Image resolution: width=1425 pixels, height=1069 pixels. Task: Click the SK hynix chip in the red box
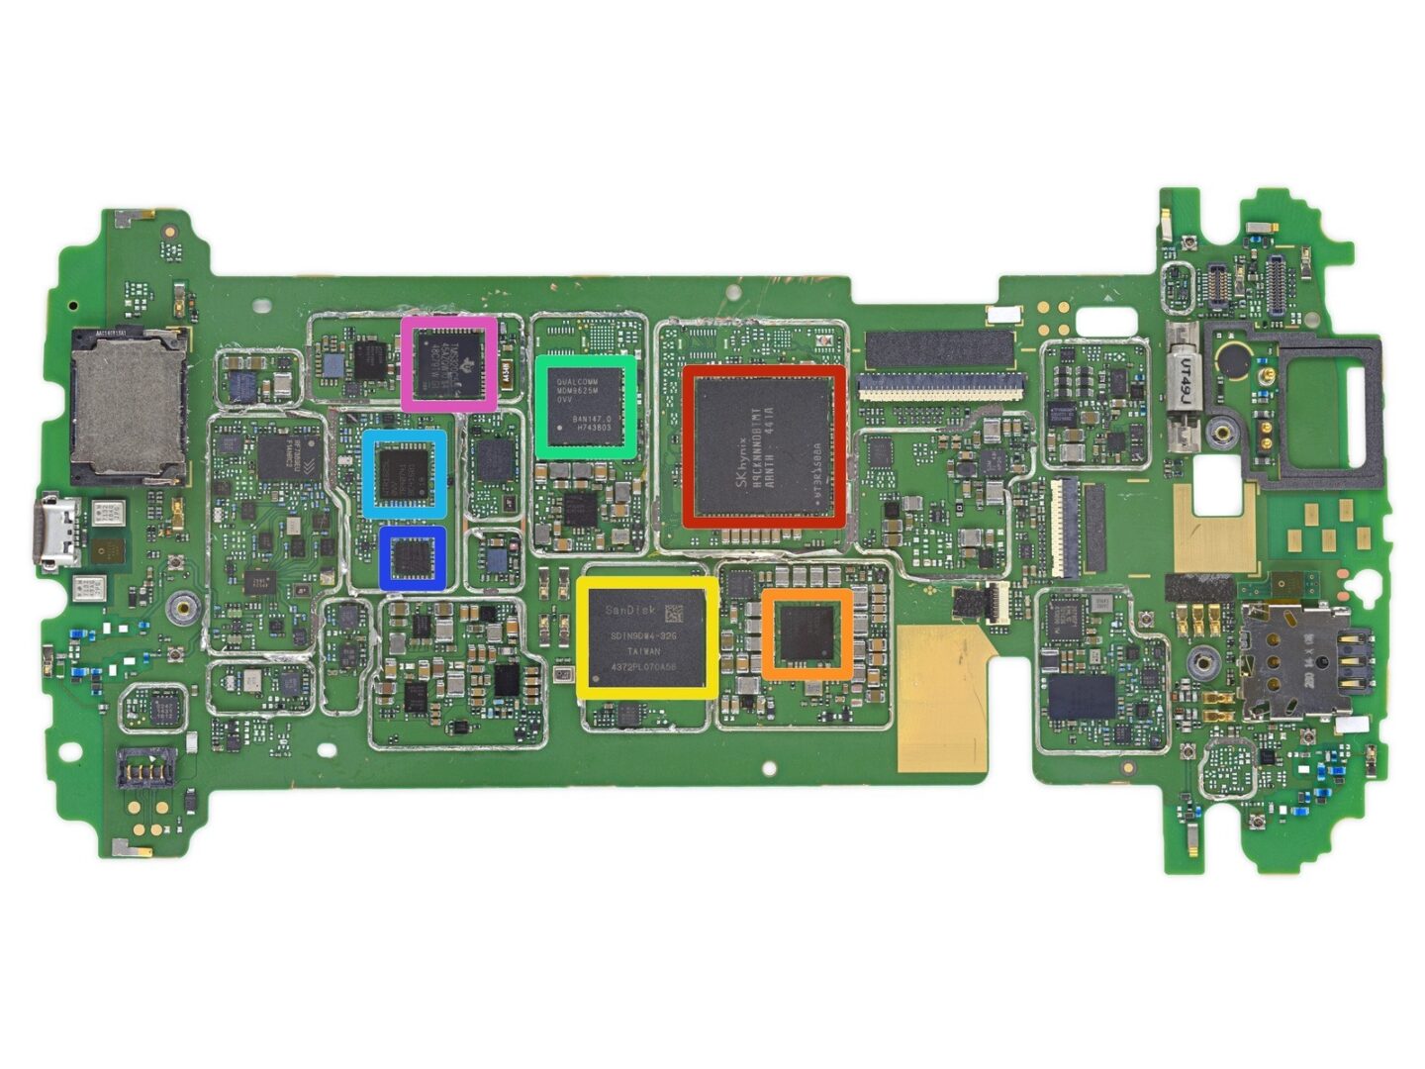pos(764,445)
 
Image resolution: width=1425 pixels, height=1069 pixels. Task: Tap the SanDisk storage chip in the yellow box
pos(647,638)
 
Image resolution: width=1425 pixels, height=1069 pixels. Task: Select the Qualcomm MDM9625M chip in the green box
pos(586,406)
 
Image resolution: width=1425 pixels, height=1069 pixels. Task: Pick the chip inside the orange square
pos(807,634)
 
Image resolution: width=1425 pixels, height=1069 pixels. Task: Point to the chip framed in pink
pos(449,363)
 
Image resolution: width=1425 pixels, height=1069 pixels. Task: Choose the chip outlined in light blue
pos(404,473)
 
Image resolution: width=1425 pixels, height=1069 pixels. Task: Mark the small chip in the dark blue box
pos(413,557)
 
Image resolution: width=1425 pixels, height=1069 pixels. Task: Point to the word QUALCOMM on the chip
pos(578,382)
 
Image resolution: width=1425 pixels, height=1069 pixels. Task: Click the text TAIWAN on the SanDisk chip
pos(643,651)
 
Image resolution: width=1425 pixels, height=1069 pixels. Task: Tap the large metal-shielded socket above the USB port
pos(127,401)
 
